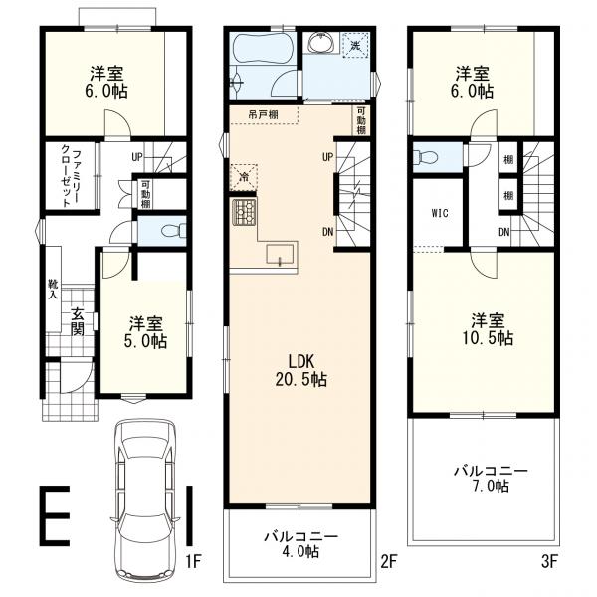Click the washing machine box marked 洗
pos(355,45)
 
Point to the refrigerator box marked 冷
pos(243,176)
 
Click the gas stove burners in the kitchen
pos(245,212)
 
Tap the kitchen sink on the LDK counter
pos(282,254)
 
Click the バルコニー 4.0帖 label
pos(300,543)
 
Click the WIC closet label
pos(441,212)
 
